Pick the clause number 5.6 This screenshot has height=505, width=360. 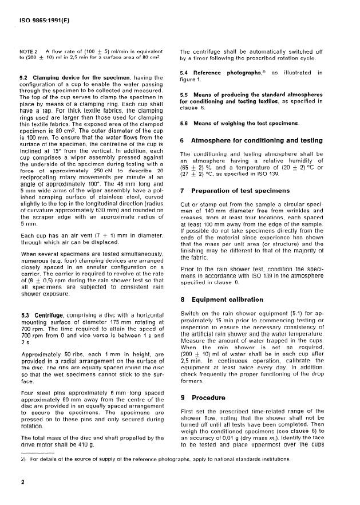pos(185,122)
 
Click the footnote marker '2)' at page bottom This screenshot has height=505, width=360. pos(23,459)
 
